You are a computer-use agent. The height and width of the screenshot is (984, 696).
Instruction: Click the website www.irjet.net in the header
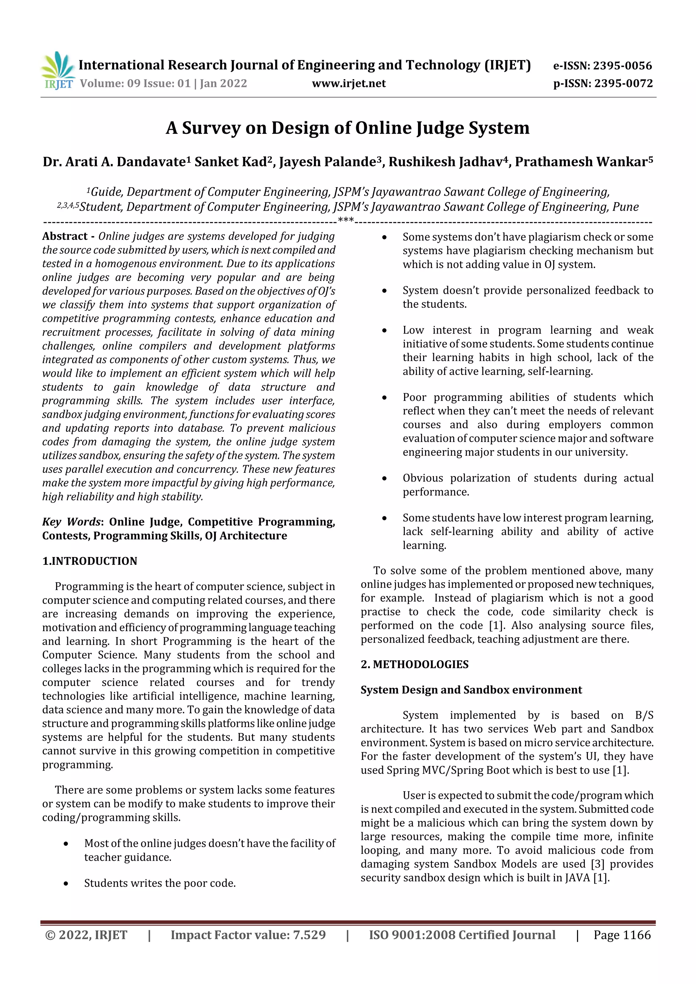pos(349,84)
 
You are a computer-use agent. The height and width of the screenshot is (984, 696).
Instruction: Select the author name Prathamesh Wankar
pos(581,162)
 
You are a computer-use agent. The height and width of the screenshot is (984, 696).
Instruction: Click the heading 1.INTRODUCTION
pos(90,561)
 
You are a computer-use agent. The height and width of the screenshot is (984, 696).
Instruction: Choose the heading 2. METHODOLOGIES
pos(414,664)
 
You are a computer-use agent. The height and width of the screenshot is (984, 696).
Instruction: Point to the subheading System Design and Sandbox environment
pos(471,690)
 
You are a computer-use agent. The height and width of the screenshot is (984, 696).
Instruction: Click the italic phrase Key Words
pos(71,522)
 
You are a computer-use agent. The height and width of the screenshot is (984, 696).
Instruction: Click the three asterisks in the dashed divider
pos(346,221)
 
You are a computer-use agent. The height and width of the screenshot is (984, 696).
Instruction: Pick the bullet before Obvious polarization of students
pos(384,479)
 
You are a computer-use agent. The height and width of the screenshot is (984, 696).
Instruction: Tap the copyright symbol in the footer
pos(50,935)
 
